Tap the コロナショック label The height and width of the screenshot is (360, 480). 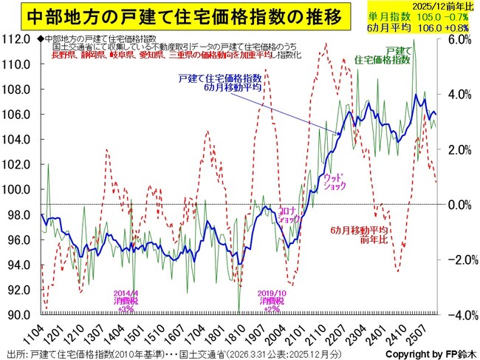coord(287,214)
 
